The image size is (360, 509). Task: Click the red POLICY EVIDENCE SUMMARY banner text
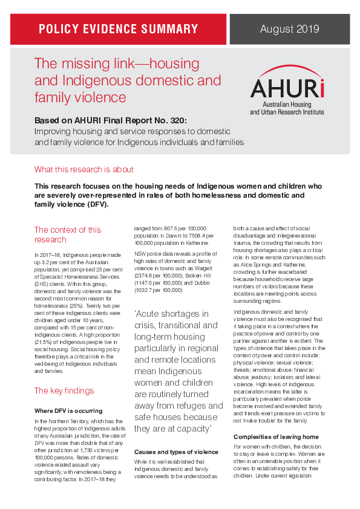click(x=119, y=29)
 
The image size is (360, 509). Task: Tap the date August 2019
click(x=289, y=29)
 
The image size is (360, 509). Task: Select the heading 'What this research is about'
click(x=84, y=169)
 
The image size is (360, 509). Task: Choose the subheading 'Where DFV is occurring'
click(x=68, y=410)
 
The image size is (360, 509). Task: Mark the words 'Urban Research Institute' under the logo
click(x=295, y=112)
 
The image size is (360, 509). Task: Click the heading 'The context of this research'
click(x=68, y=235)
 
